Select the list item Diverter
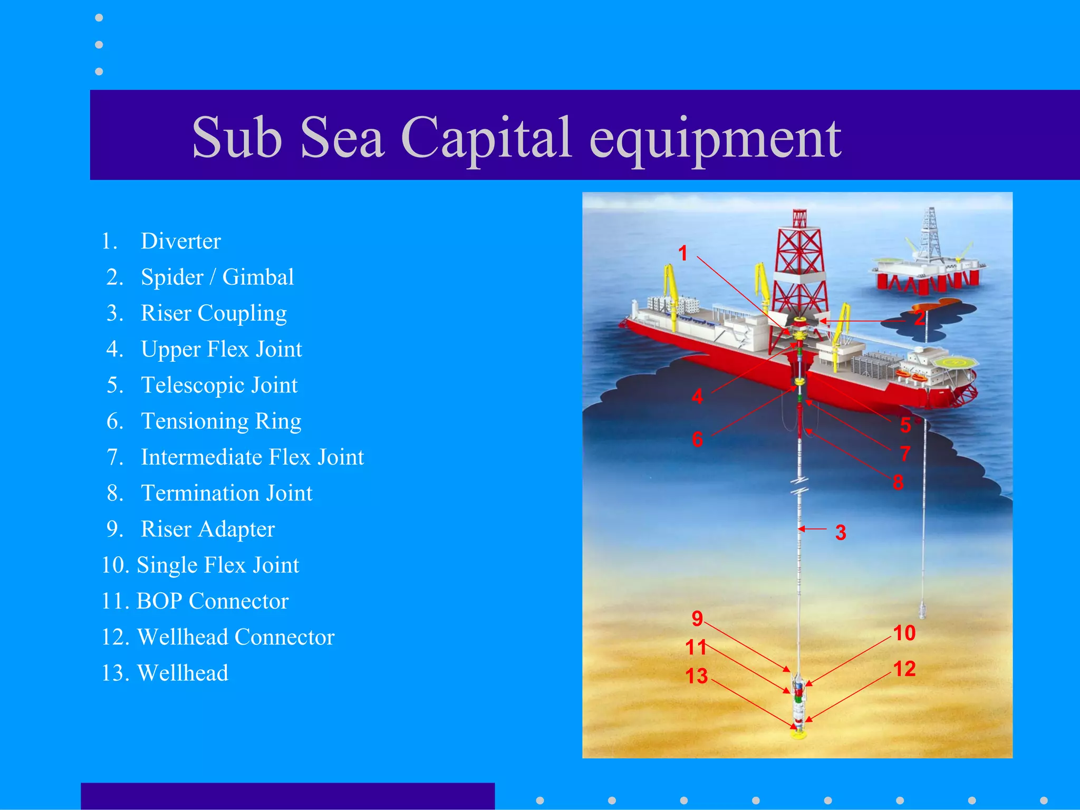click(180, 241)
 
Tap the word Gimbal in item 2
click(258, 277)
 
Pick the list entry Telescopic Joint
click(219, 385)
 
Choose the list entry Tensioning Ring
click(221, 421)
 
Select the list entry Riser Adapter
click(208, 529)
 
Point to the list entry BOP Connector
click(212, 601)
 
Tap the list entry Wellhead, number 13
click(182, 673)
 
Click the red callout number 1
click(683, 254)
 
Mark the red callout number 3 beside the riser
click(841, 533)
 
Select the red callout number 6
click(697, 439)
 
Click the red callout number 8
click(898, 482)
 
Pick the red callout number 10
click(904, 633)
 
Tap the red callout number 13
click(696, 676)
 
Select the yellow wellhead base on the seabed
click(799, 734)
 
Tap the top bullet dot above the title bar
click(99, 18)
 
